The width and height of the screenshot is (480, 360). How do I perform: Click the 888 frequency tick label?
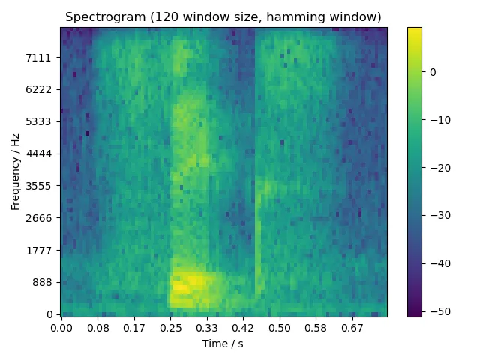point(43,282)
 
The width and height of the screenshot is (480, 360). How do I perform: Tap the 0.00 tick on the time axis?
point(61,328)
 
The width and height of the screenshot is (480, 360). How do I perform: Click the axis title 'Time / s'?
point(223,343)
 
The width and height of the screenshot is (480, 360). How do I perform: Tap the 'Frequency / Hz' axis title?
point(15,171)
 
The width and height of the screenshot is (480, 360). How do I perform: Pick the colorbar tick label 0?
point(433,72)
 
